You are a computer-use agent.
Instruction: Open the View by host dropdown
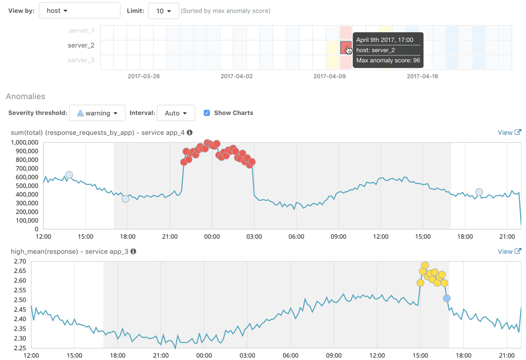(79, 11)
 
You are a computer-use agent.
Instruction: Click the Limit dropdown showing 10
(163, 11)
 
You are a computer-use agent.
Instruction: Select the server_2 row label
(81, 45)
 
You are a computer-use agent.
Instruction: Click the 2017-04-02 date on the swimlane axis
(236, 77)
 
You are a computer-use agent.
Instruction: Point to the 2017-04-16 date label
(422, 77)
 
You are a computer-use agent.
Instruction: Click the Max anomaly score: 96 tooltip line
(388, 60)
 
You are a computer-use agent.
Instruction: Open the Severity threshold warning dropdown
(97, 113)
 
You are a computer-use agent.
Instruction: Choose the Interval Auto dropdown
(176, 113)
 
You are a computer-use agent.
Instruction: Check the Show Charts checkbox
(207, 113)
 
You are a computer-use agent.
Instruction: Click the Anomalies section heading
(26, 97)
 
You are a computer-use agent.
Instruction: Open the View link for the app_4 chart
(509, 133)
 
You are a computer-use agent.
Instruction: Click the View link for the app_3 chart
(509, 251)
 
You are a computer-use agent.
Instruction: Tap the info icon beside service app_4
(189, 133)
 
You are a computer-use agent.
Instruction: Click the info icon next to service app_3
(133, 251)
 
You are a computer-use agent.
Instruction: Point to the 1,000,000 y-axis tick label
(24, 142)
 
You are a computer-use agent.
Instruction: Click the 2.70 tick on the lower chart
(19, 261)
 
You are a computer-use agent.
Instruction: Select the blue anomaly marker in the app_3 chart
(447, 298)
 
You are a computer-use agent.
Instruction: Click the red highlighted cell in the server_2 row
(346, 48)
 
